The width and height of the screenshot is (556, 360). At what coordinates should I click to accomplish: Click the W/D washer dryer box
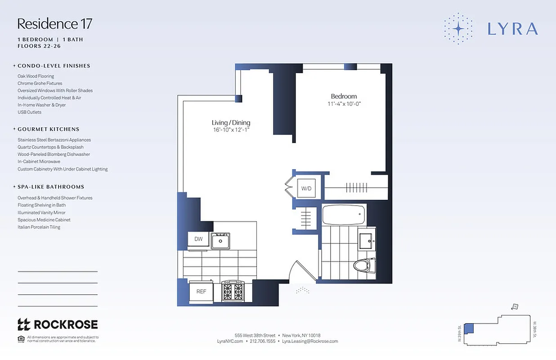click(306, 188)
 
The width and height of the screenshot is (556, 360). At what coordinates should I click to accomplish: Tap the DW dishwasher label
click(198, 239)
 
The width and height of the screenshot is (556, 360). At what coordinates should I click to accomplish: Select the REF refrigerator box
click(201, 292)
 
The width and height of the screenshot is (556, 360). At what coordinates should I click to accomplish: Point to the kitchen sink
click(220, 241)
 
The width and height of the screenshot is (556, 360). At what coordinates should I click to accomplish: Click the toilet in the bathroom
click(364, 265)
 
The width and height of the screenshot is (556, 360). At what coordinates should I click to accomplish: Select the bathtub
click(344, 214)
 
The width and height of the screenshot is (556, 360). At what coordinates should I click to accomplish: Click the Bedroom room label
click(344, 96)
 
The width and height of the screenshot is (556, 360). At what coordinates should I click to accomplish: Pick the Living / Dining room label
click(231, 123)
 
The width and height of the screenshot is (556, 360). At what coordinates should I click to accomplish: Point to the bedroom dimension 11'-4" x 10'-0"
click(344, 104)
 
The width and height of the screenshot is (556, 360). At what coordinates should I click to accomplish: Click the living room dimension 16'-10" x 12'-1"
click(231, 130)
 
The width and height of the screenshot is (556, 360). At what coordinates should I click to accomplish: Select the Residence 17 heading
click(55, 23)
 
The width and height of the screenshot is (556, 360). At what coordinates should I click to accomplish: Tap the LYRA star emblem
click(458, 29)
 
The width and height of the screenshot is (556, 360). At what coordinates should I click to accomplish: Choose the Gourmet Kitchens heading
click(48, 129)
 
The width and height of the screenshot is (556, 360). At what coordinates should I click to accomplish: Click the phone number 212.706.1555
click(262, 341)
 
